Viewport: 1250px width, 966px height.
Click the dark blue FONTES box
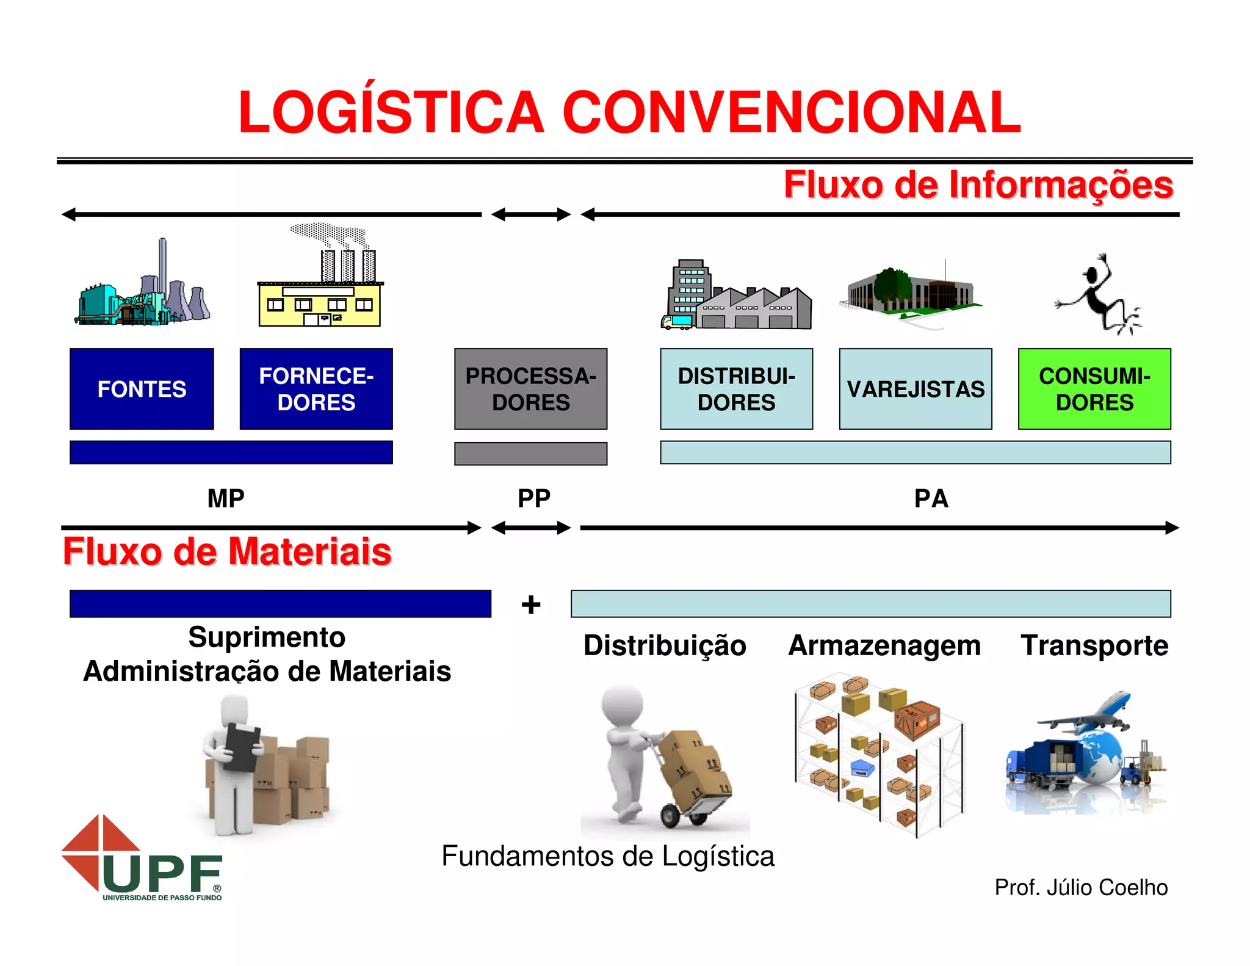[142, 389]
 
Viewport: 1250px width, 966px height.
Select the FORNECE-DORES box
[316, 389]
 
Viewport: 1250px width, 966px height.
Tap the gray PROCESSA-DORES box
[530, 389]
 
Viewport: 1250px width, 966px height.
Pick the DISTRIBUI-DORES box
[736, 389]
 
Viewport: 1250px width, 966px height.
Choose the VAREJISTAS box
[916, 389]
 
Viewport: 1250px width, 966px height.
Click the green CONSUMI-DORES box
[1094, 389]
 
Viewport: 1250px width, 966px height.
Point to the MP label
[226, 499]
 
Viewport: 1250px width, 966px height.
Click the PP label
[534, 499]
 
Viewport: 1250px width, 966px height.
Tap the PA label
[931, 499]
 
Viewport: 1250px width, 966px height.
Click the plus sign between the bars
[531, 605]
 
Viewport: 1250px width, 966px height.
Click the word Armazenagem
[884, 645]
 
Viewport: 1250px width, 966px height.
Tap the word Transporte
[1094, 645]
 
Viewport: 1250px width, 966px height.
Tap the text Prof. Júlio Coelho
[1081, 887]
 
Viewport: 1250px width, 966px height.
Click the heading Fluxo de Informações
[978, 184]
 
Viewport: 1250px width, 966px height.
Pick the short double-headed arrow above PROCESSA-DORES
[531, 214]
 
